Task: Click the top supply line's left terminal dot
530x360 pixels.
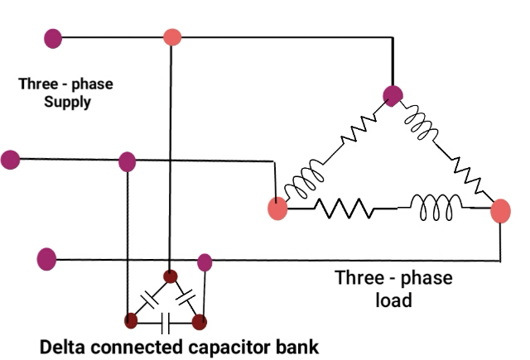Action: (x=53, y=37)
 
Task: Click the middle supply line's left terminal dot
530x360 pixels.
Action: (x=11, y=159)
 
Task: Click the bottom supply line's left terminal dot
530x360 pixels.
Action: (x=47, y=259)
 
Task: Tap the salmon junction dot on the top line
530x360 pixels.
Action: (x=172, y=37)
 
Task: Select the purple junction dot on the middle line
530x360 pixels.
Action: (x=127, y=161)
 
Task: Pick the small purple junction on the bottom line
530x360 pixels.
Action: (x=205, y=262)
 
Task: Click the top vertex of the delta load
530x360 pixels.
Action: (x=393, y=95)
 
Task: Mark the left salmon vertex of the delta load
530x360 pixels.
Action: (x=277, y=209)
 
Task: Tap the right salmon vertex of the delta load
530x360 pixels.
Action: (x=501, y=211)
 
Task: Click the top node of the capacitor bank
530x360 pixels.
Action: (x=170, y=276)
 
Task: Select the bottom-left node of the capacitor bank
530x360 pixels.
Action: (x=131, y=319)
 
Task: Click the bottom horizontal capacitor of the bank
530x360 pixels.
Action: (x=165, y=319)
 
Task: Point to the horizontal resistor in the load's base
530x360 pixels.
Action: (x=342, y=209)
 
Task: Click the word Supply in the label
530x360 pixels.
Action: (x=67, y=103)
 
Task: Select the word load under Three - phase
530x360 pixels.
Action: (x=394, y=300)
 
